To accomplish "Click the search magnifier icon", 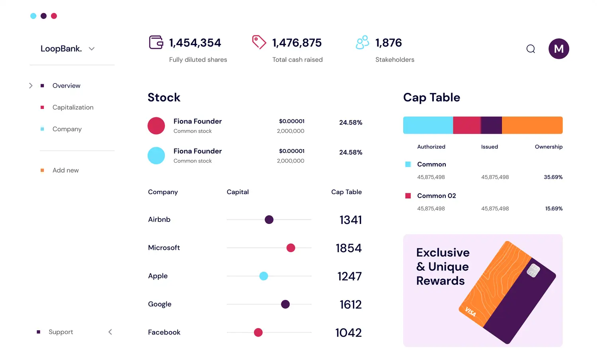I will (x=531, y=49).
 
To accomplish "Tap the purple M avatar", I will (x=559, y=49).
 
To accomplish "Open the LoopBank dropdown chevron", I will (x=92, y=49).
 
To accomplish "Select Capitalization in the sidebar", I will (x=73, y=107).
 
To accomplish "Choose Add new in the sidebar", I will (x=66, y=170).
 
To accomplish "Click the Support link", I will (x=60, y=332).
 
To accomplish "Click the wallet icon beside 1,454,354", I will (x=156, y=42).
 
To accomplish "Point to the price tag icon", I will (x=259, y=42).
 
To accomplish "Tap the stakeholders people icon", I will (x=362, y=42).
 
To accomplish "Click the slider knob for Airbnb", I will (x=269, y=220).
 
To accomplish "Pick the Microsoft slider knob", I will (x=291, y=248).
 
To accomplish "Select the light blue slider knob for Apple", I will (x=263, y=276).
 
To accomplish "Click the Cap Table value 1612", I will (x=350, y=304).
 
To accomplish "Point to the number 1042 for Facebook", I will (x=348, y=333).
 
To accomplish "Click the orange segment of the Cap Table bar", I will (x=532, y=125).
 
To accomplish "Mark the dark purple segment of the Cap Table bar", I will (x=492, y=125).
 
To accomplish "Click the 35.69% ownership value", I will (x=553, y=177).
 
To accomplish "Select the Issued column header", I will (x=489, y=147).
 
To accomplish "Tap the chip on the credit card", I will (x=533, y=270).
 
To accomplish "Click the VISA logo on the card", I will (x=470, y=312).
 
